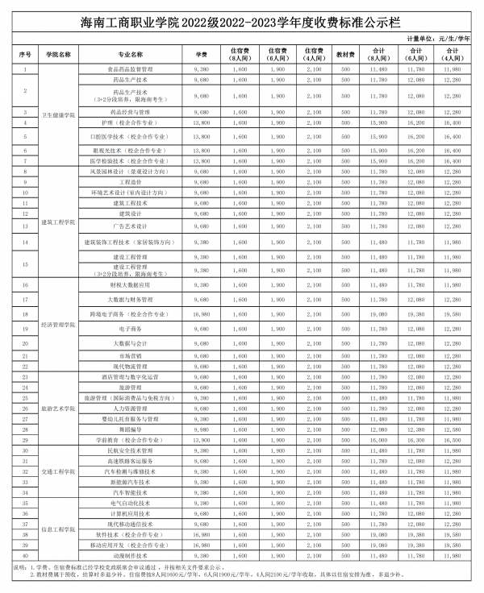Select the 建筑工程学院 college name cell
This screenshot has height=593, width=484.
[58, 222]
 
